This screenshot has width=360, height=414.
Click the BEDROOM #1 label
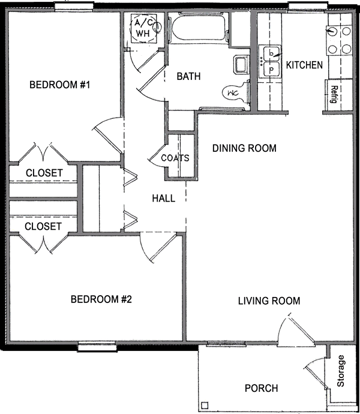coord(59,85)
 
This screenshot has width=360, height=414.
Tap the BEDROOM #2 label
coord(101,299)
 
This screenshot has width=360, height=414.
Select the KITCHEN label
coord(304,65)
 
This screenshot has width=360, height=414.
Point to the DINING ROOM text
coord(244,148)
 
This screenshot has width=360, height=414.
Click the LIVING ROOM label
coord(269,301)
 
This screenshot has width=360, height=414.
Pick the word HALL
coord(163,198)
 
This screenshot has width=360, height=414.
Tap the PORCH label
coord(261,388)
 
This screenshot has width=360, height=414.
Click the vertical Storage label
coord(341,371)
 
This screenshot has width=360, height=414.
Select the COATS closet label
coord(175,158)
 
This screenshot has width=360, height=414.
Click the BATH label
coord(188,76)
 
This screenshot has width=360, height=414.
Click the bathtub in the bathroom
coord(199,28)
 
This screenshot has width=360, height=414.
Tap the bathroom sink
coord(241,65)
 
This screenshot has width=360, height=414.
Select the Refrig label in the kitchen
coord(334,94)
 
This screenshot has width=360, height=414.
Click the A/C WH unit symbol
coord(144,28)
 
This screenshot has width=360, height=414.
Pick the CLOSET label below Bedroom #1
coord(44,173)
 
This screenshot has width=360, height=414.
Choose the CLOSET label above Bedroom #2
coord(43,226)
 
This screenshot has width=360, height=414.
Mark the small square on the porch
coord(205,405)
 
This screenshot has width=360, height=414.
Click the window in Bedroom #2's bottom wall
coord(97,346)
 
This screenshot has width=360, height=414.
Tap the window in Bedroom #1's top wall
coord(74,7)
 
